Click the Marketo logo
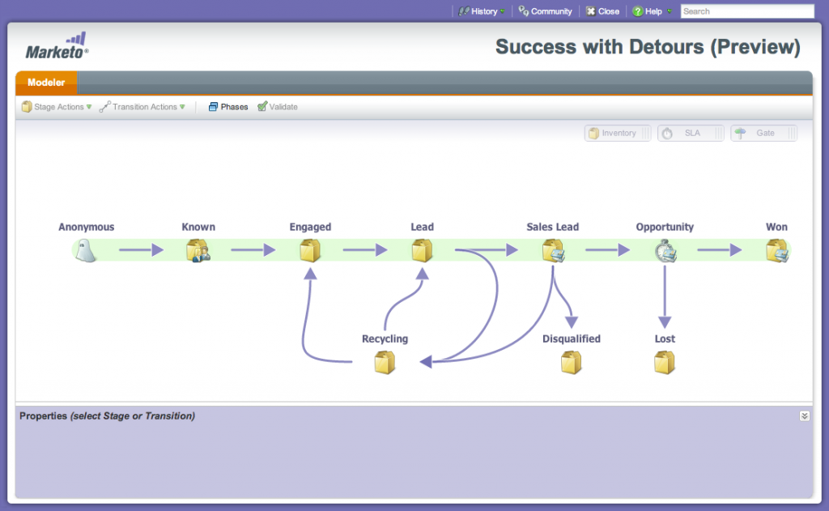[x=57, y=46]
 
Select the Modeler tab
[x=46, y=83]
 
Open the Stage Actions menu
[x=57, y=107]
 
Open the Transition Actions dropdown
[x=142, y=107]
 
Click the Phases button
[x=228, y=107]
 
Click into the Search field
[x=747, y=11]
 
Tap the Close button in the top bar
[x=602, y=11]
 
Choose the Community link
[x=545, y=11]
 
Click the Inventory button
[x=618, y=134]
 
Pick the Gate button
[x=763, y=134]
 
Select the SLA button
[x=691, y=134]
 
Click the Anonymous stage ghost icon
[x=85, y=250]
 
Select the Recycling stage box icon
[x=385, y=363]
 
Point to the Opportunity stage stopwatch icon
[x=665, y=251]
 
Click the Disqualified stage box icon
[x=571, y=363]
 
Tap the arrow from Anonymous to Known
[x=141, y=249]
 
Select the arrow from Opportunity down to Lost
[x=665, y=296]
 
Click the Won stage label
[x=776, y=227]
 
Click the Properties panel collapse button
[x=804, y=415]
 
